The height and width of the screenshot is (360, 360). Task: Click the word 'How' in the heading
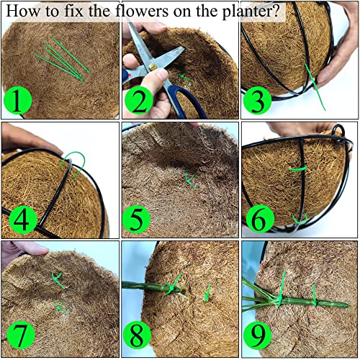22,12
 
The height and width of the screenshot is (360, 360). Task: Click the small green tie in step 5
190,179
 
